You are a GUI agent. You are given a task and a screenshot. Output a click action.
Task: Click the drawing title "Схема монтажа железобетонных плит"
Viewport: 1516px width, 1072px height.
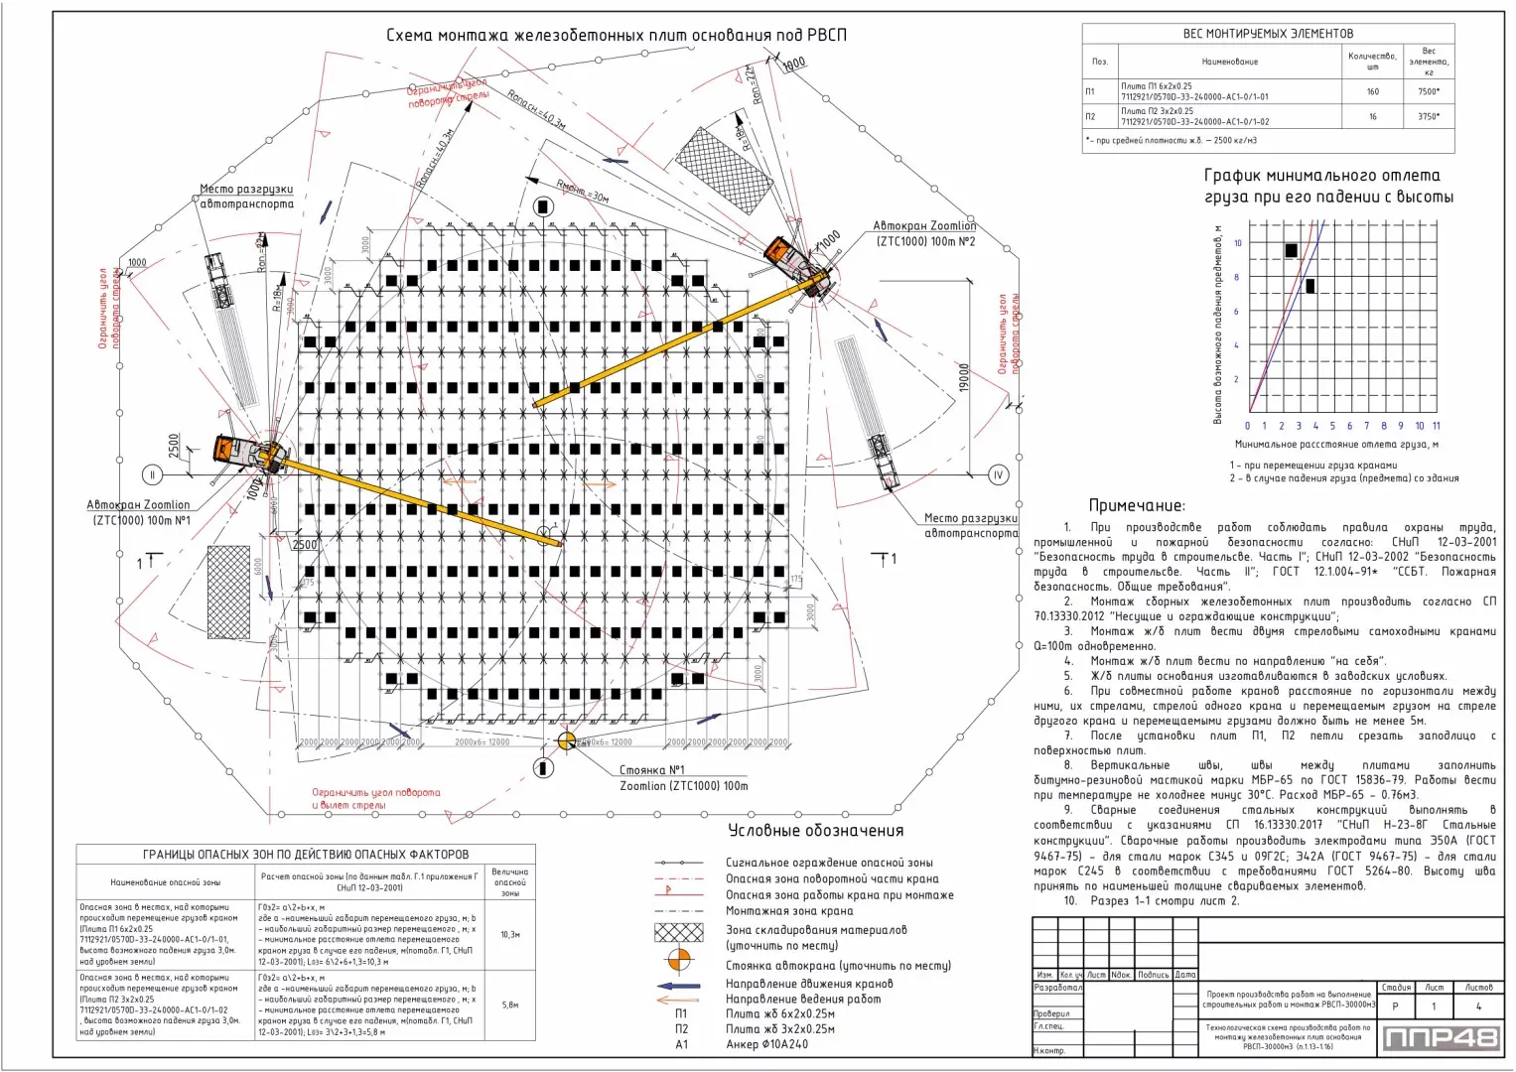click(x=616, y=36)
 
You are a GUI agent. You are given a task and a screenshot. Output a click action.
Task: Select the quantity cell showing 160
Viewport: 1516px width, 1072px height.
click(x=1372, y=91)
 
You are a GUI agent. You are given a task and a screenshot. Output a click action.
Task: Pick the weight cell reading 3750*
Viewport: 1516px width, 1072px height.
click(x=1428, y=116)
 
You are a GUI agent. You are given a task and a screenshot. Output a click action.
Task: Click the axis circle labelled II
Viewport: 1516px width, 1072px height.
click(x=152, y=474)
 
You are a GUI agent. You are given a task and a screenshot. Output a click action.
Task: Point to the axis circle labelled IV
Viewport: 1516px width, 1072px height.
click(x=999, y=474)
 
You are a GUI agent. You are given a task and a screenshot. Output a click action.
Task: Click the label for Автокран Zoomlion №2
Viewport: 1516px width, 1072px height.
click(x=924, y=233)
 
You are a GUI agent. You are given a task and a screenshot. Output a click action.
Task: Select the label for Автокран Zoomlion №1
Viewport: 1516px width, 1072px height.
click(x=138, y=512)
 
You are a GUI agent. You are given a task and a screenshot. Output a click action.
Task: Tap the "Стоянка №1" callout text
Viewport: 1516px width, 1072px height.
click(x=652, y=769)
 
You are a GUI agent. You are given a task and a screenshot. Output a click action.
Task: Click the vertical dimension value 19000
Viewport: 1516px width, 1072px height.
click(x=963, y=378)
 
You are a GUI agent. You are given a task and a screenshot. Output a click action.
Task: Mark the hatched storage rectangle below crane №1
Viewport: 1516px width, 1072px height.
click(x=228, y=592)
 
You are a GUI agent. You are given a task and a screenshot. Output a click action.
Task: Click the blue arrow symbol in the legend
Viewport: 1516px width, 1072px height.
click(x=678, y=985)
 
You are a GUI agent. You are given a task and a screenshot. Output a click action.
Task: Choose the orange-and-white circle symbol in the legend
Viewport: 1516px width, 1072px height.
click(x=679, y=961)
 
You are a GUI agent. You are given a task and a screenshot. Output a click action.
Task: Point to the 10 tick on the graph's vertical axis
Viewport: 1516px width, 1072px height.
click(x=1238, y=243)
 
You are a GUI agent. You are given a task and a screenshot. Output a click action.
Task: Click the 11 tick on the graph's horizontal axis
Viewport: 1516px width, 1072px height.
click(x=1436, y=426)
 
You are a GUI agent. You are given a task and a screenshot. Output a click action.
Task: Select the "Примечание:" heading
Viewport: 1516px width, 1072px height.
click(x=1136, y=505)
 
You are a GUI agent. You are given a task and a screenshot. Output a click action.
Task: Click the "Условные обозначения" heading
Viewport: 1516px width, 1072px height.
click(x=815, y=831)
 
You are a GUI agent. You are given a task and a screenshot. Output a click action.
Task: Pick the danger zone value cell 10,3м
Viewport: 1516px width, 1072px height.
click(x=509, y=934)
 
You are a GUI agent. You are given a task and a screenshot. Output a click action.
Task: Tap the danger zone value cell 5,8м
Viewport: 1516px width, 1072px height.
click(x=509, y=1005)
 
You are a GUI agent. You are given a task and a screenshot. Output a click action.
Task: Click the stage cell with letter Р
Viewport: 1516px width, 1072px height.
click(x=1395, y=1006)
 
